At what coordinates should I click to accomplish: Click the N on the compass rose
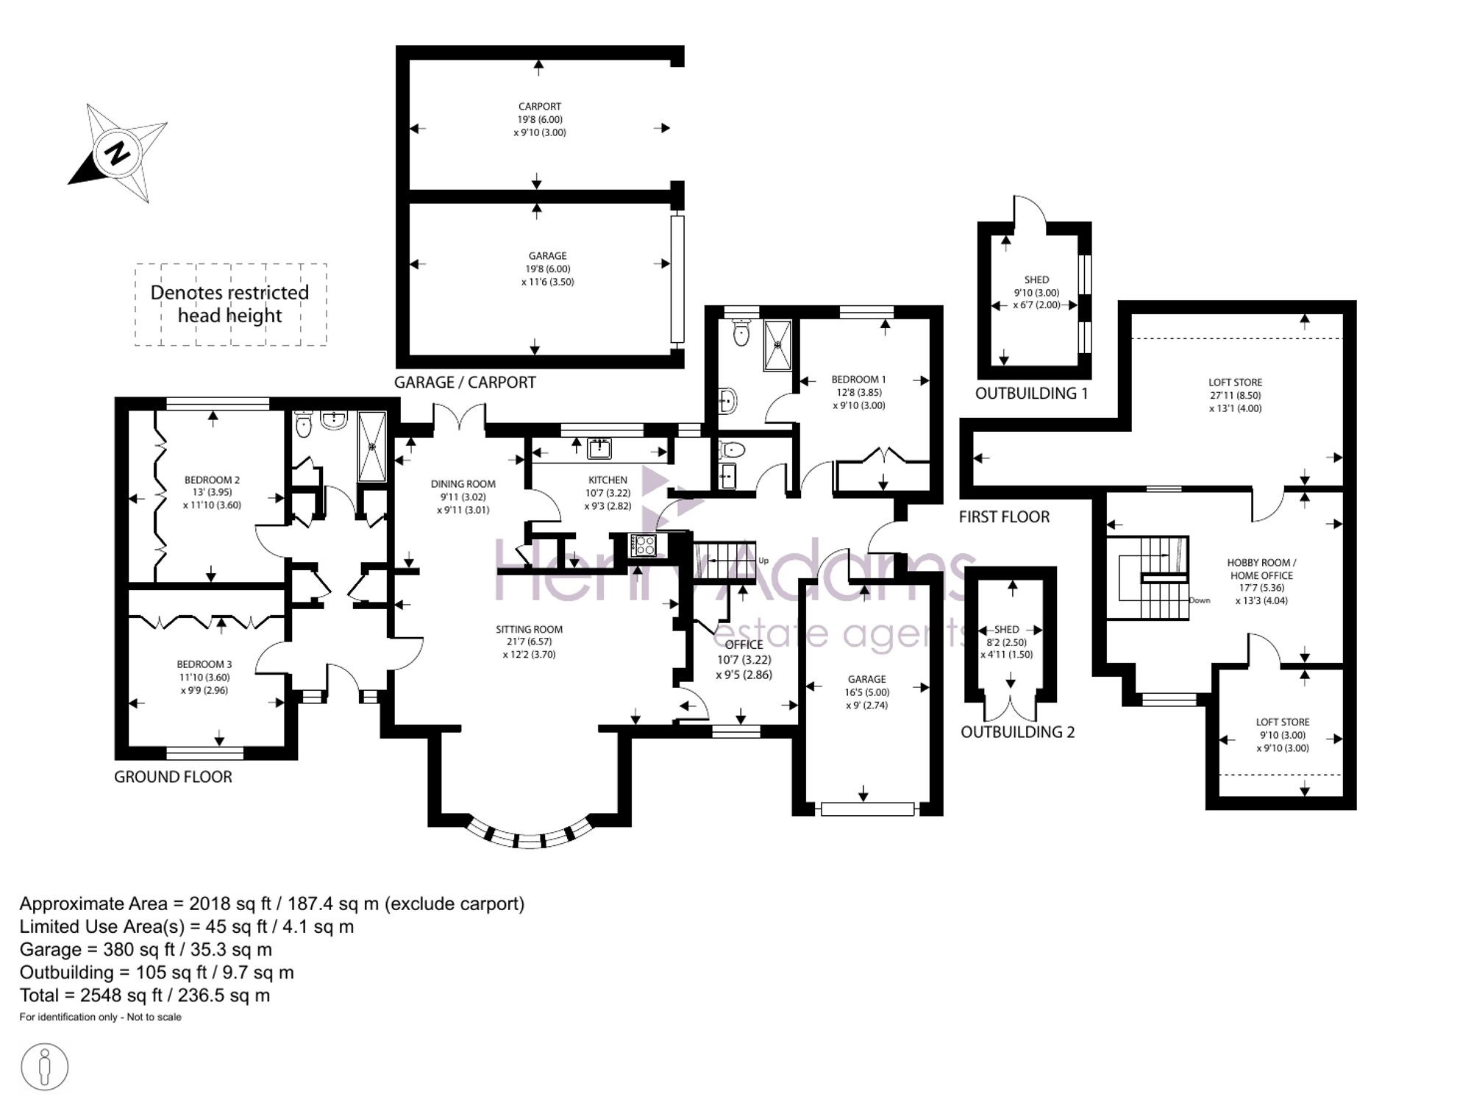(116, 154)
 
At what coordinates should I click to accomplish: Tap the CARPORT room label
(540, 107)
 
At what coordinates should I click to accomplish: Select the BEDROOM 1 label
(859, 380)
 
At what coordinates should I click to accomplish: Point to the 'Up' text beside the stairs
(763, 561)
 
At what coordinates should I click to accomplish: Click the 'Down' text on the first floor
(1200, 600)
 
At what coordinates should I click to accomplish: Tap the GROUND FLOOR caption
(173, 777)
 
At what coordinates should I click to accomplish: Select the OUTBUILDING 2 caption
(1018, 732)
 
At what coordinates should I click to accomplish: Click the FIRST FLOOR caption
(1004, 517)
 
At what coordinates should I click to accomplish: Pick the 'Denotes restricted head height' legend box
(230, 304)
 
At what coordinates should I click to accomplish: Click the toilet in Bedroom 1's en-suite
(741, 333)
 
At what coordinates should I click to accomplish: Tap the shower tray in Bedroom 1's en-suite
(778, 345)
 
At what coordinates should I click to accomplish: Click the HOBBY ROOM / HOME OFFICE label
(1261, 569)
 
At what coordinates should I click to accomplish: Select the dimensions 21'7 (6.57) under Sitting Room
(529, 642)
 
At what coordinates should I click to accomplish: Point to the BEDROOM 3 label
(204, 664)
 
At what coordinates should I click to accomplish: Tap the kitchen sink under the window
(599, 447)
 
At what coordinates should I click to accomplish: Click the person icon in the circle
(45, 1068)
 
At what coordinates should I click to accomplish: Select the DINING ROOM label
(463, 484)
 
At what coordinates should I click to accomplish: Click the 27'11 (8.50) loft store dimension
(1236, 395)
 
